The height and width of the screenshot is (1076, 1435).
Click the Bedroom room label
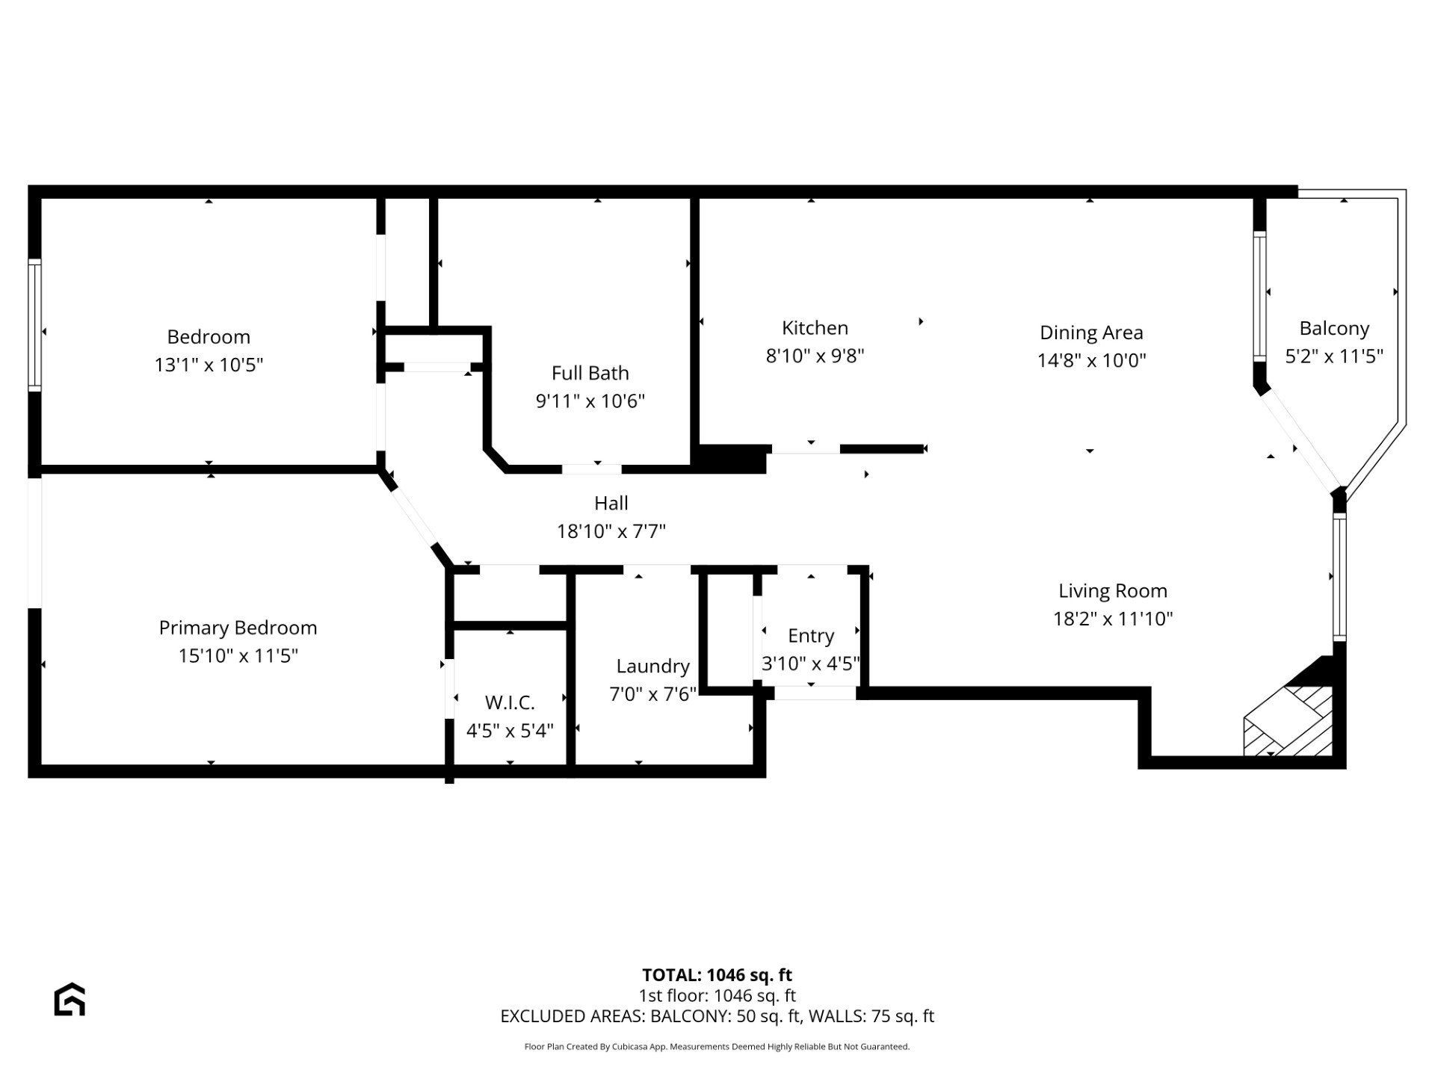coord(209,337)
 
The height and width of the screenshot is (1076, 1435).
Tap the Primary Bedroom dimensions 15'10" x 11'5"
coord(238,655)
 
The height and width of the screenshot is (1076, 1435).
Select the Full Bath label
coord(590,373)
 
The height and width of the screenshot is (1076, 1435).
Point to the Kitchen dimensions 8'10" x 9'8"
coord(815,356)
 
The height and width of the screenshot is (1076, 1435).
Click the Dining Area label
coord(1091,333)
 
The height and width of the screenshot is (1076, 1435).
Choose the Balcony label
coord(1334,329)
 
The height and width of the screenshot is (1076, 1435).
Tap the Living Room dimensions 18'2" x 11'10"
coord(1113,619)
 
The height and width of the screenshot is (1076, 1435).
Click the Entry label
coord(811,636)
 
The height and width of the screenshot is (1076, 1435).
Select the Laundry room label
coord(653,667)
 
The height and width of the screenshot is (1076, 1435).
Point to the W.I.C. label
coord(510,703)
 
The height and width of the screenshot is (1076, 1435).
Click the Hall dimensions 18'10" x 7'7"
coord(611,531)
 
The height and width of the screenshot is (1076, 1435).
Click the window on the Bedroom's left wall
coord(34,325)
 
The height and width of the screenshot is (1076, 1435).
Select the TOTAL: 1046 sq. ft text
coord(717,975)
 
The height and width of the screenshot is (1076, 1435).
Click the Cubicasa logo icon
coord(70,999)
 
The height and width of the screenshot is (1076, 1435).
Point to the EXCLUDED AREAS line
coord(717,1016)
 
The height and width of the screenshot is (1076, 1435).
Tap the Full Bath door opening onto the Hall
coord(591,469)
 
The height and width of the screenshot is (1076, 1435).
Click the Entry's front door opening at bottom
coord(815,693)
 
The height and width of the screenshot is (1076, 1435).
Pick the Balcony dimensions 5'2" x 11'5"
coord(1334,356)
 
